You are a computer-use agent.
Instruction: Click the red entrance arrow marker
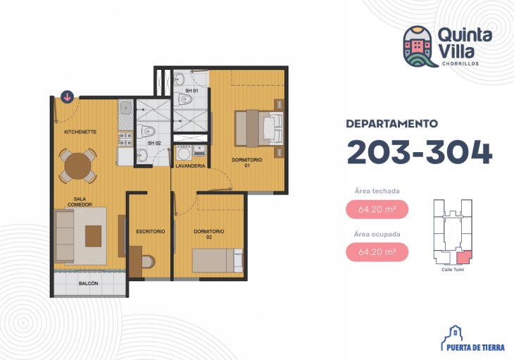click(x=67, y=97)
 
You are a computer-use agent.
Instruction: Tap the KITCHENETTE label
click(x=80, y=132)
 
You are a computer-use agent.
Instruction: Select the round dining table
click(x=77, y=166)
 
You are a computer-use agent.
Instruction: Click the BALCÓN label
click(x=88, y=283)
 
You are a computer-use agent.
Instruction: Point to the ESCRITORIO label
click(x=151, y=232)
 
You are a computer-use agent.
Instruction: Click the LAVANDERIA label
click(x=190, y=166)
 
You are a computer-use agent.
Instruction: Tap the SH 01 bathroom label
click(x=192, y=90)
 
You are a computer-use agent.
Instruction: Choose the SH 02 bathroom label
click(x=154, y=143)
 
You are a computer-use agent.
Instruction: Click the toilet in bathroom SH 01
click(x=182, y=99)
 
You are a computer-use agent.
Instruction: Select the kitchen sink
click(x=125, y=108)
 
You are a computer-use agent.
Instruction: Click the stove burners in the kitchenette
click(x=125, y=139)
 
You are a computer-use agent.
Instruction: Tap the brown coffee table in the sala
click(x=94, y=236)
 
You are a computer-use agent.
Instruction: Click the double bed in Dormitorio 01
click(x=259, y=128)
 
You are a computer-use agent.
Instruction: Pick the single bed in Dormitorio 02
click(x=218, y=261)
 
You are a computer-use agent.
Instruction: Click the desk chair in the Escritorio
click(x=149, y=261)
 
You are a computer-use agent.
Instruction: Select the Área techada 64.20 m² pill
click(x=377, y=209)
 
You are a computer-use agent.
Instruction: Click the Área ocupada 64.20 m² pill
click(x=377, y=252)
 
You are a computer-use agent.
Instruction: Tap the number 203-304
click(x=420, y=152)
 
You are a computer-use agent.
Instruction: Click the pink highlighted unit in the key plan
click(x=464, y=257)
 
